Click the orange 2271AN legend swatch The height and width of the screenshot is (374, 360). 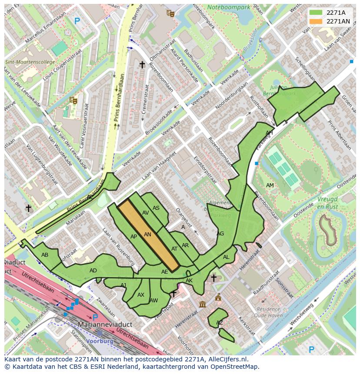[316, 21]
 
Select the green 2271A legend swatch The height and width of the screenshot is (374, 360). [316, 13]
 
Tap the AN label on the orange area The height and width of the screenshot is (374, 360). [147, 235]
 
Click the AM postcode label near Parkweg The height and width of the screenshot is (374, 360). [270, 185]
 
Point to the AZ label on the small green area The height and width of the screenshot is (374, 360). [220, 323]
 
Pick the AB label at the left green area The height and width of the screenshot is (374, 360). [45, 255]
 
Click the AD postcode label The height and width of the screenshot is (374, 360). [93, 271]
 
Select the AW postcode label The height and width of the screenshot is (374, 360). [153, 301]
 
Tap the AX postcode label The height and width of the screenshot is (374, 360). [140, 295]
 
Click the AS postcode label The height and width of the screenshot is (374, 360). [156, 208]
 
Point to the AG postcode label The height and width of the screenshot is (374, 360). [220, 234]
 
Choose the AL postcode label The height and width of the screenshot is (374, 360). [226, 257]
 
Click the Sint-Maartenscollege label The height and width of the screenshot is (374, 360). [30, 62]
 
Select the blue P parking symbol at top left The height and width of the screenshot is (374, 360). [77, 21]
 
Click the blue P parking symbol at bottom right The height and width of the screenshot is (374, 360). [311, 349]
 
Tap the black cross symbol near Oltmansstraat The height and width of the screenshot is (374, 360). [142, 65]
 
